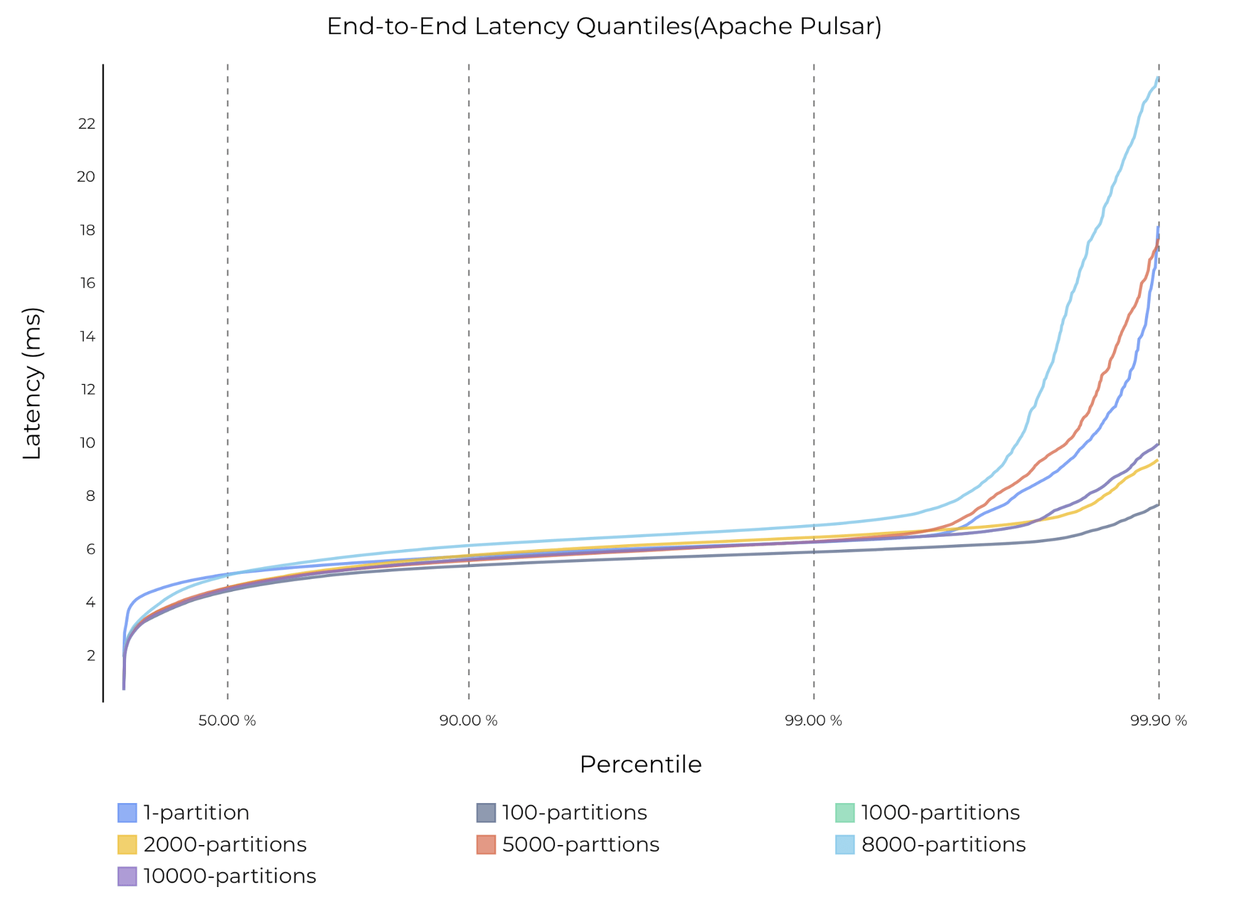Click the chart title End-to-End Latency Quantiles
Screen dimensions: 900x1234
tap(604, 27)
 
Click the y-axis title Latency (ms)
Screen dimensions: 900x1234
tap(32, 384)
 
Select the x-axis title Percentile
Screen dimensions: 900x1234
tap(640, 765)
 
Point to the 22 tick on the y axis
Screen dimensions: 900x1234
tap(87, 124)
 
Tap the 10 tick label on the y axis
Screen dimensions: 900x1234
tap(87, 443)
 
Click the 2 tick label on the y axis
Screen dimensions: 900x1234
tap(91, 655)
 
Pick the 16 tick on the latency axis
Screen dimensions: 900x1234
tap(87, 284)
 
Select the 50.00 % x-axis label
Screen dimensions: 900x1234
tap(227, 720)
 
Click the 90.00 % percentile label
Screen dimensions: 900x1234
tap(468, 720)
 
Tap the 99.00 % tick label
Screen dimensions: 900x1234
tap(813, 720)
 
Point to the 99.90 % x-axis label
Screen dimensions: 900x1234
tap(1158, 720)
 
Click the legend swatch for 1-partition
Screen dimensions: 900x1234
tap(127, 813)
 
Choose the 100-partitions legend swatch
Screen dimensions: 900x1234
tap(486, 813)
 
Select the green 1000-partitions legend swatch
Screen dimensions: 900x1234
tap(844, 813)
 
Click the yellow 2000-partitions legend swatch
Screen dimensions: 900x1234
tap(127, 844)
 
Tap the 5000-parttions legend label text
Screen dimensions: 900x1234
tap(580, 844)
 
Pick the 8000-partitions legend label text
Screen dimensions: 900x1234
tap(943, 844)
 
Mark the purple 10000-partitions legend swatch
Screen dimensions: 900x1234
tap(127, 877)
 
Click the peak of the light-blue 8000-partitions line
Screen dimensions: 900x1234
tap(1157, 78)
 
